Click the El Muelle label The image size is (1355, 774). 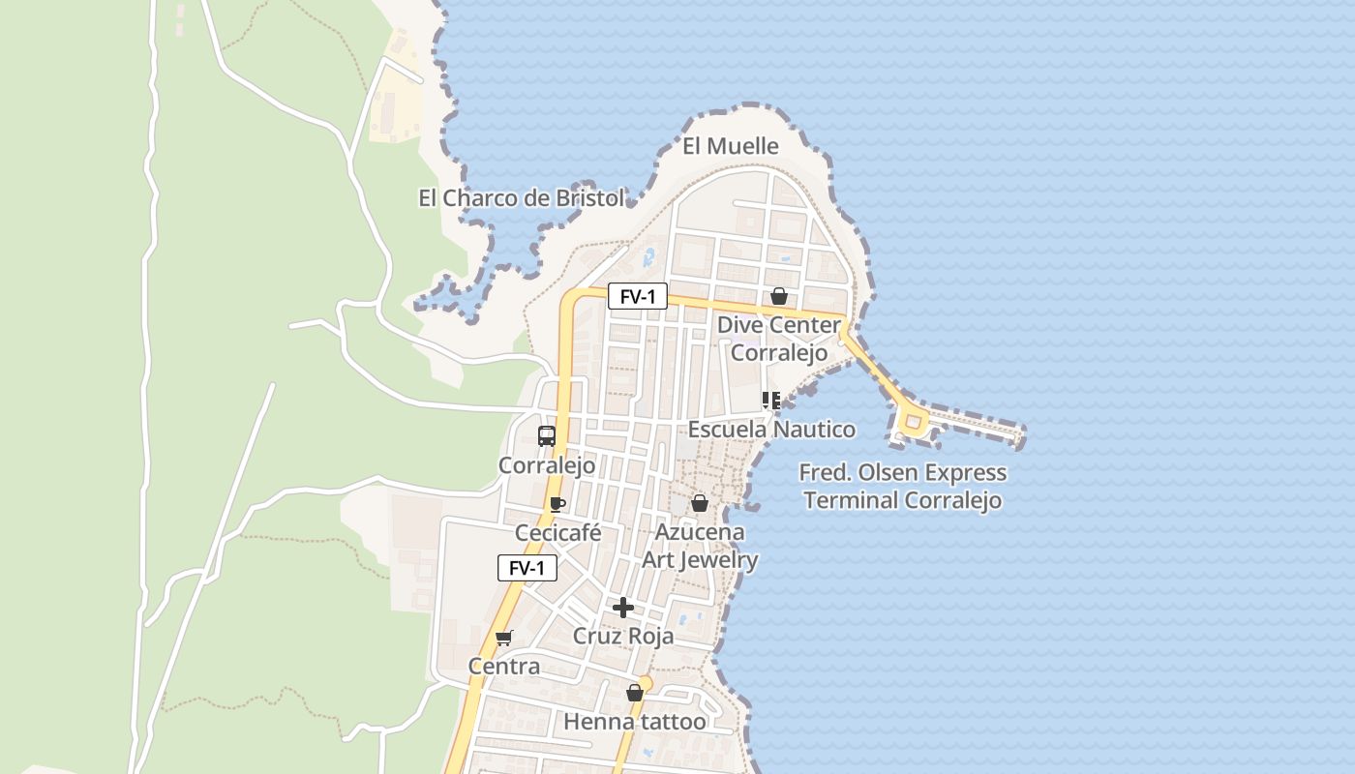[731, 146]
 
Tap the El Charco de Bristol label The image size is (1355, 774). [521, 198]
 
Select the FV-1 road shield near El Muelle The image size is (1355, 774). [637, 296]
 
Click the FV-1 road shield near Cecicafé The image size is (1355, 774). [527, 568]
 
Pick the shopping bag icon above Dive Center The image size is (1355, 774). [778, 296]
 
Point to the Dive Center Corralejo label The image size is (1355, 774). [778, 339]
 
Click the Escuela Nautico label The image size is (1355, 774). [771, 429]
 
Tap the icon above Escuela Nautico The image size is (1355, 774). [771, 400]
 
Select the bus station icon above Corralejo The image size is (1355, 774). [547, 435]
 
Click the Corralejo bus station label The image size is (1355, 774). [547, 465]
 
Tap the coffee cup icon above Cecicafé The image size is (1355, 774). [557, 504]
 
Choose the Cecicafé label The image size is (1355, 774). [558, 533]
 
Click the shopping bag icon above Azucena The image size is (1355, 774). [699, 503]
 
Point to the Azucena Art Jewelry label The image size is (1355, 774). [700, 546]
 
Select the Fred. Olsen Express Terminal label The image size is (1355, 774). [902, 487]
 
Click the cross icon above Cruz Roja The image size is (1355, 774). [623, 608]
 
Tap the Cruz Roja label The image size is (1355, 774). [623, 637]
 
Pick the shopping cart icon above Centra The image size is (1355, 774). [503, 638]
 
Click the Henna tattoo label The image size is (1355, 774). [635, 722]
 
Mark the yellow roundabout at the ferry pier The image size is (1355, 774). [912, 421]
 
